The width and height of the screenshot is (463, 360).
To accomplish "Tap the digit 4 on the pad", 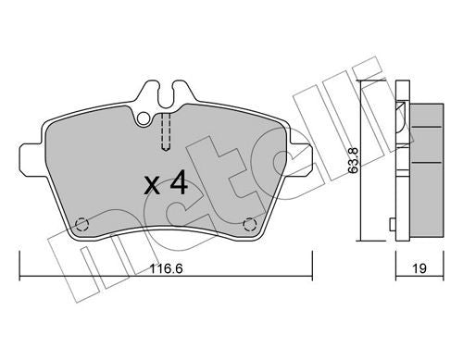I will [181, 181].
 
